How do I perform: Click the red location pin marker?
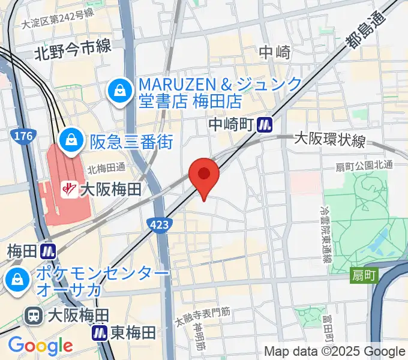pyautogui.click(x=204, y=175)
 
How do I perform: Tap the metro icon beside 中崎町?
pyautogui.click(x=265, y=125)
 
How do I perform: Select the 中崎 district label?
pyautogui.click(x=275, y=53)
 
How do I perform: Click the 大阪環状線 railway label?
pyautogui.click(x=329, y=140)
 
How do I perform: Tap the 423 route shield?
pyautogui.click(x=160, y=224)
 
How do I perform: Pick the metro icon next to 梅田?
pyautogui.click(x=49, y=250)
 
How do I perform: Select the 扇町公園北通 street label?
pyautogui.click(x=372, y=165)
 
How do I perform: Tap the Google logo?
pyautogui.click(x=40, y=346)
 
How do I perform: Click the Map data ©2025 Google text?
pyautogui.click(x=335, y=352)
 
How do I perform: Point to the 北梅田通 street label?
pyautogui.click(x=106, y=170)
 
